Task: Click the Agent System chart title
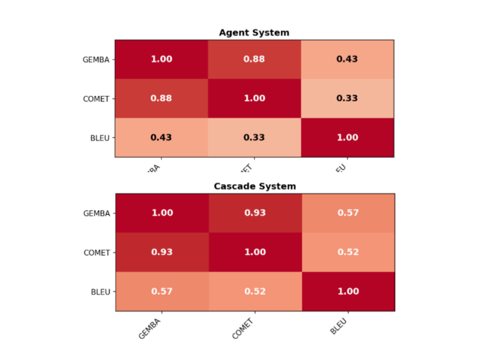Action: click(x=254, y=33)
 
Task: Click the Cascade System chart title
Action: click(x=255, y=186)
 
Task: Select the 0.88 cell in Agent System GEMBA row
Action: click(x=254, y=59)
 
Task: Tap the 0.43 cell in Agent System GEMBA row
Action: click(x=347, y=59)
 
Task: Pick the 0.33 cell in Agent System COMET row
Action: click(x=347, y=98)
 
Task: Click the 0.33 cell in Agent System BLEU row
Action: click(x=254, y=137)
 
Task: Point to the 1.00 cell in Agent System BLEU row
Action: click(x=347, y=137)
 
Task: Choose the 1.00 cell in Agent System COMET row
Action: click(x=254, y=98)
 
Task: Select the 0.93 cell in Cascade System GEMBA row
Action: click(x=255, y=213)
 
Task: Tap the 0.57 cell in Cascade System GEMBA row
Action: click(x=348, y=213)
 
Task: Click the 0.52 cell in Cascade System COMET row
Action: click(x=348, y=252)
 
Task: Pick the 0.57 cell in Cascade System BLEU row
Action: click(x=162, y=291)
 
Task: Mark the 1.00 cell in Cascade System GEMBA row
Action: click(x=162, y=213)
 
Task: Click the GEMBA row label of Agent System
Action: click(x=96, y=60)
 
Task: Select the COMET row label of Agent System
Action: click(x=96, y=99)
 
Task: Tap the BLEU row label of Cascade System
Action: click(x=100, y=292)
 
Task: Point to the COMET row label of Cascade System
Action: click(x=97, y=253)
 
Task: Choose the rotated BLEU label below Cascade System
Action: click(x=338, y=326)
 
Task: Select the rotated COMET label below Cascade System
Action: click(x=243, y=328)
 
